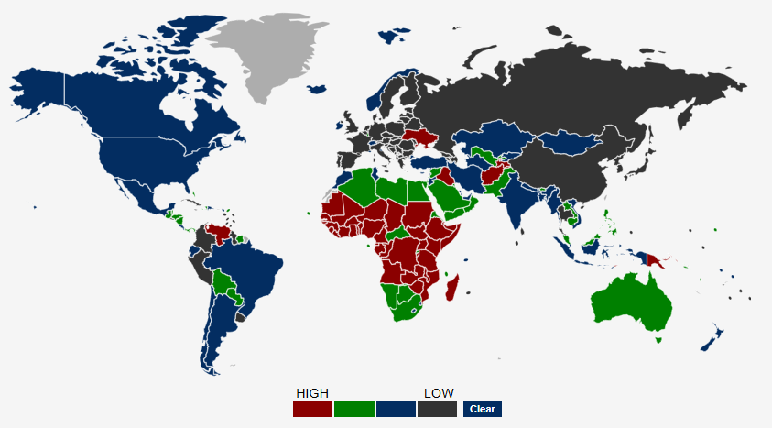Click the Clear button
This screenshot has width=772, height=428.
pos(482,409)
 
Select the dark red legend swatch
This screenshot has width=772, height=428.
pos(312,409)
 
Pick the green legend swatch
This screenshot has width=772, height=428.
pos(354,409)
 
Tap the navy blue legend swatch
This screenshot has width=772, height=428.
pos(396,409)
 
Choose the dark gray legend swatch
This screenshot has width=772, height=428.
pos(437,409)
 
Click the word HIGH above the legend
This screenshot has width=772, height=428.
pos(312,393)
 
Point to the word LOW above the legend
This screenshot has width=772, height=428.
pos(439,393)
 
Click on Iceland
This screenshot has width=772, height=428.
pos(318,89)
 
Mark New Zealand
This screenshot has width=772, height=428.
pos(713,338)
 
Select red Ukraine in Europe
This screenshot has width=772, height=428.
pos(420,138)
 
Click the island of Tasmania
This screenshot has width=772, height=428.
pos(658,340)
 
